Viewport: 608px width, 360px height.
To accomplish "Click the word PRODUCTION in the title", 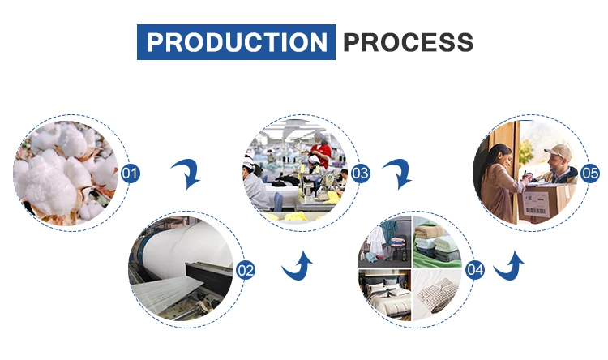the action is coord(236,41).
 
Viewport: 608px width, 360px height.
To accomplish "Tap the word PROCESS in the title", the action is coord(408,41).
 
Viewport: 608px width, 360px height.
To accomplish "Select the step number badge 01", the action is coord(131,174).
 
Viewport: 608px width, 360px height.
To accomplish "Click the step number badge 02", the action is coord(245,271).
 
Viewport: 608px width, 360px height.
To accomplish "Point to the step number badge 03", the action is coord(361,174).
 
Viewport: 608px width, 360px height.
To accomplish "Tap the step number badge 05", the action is coord(590,174).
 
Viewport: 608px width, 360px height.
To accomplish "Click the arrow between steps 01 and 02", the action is coord(188,173).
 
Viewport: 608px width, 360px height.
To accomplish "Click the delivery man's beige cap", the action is coord(557,152).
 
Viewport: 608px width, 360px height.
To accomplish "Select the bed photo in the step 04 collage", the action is coord(385,294).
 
